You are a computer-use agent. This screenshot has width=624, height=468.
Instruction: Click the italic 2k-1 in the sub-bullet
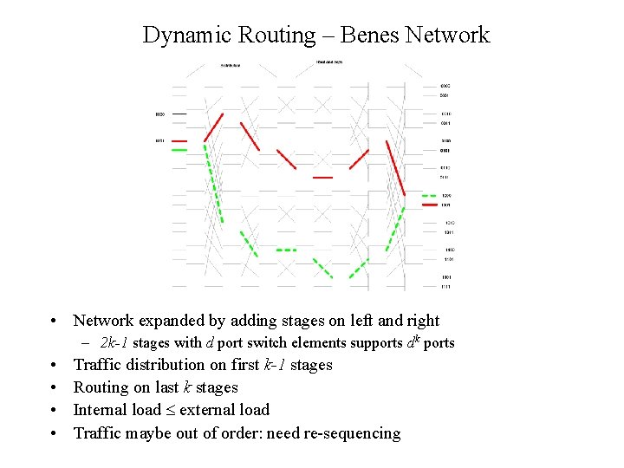click(x=114, y=343)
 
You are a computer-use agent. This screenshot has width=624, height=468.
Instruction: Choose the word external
click(x=228, y=410)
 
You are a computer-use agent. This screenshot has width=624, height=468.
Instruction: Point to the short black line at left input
click(x=179, y=114)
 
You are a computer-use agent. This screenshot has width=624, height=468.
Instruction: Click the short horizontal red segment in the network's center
click(x=322, y=178)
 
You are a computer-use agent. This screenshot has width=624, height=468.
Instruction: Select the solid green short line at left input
click(x=179, y=149)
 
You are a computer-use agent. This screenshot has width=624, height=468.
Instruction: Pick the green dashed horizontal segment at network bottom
click(x=285, y=250)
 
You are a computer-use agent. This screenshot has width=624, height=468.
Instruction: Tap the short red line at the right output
click(x=427, y=205)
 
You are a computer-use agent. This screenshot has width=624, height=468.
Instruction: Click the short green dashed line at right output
click(x=427, y=196)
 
